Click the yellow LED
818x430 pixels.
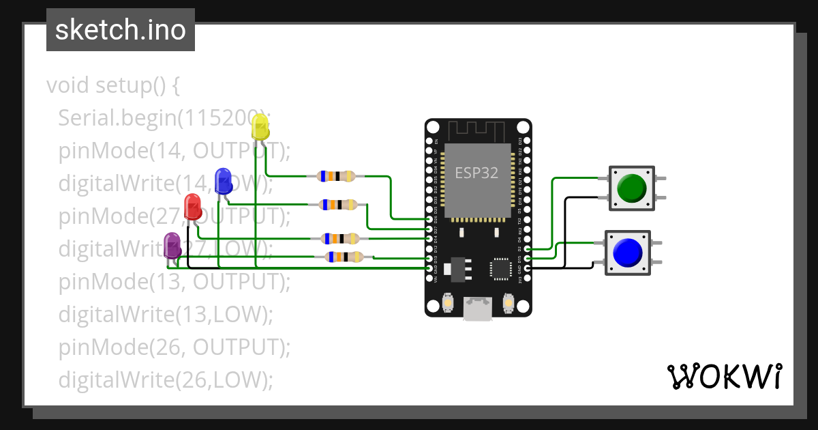[x=260, y=127]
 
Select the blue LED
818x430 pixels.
[x=223, y=181]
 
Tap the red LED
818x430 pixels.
[x=193, y=206]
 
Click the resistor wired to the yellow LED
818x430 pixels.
[x=336, y=176]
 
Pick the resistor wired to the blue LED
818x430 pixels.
[x=339, y=204]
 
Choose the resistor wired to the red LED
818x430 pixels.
[x=340, y=238]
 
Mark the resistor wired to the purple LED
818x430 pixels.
[x=344, y=257]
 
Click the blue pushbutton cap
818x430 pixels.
[x=627, y=252]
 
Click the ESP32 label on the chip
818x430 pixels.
[x=476, y=173]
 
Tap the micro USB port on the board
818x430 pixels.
[x=477, y=309]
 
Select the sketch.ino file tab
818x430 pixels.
[x=121, y=30]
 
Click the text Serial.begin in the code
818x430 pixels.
[x=117, y=118]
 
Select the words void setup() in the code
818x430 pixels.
[x=112, y=86]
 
